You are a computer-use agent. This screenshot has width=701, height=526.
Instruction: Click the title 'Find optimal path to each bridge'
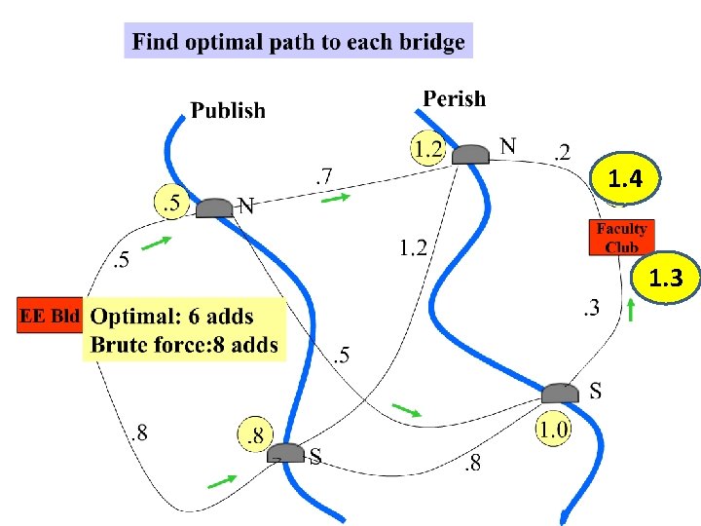click(298, 42)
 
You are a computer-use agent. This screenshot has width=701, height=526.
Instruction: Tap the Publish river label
click(228, 110)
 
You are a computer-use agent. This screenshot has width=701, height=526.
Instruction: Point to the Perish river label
click(454, 98)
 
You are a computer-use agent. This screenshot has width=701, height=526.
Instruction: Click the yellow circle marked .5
click(172, 204)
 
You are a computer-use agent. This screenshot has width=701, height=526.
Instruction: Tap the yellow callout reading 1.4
click(624, 179)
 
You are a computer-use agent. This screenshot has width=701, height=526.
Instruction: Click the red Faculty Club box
click(621, 238)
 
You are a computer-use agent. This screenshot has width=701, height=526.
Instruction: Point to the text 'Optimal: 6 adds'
click(172, 317)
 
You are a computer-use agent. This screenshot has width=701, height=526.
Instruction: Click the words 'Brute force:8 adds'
click(184, 344)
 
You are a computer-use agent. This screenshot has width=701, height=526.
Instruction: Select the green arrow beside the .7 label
click(336, 199)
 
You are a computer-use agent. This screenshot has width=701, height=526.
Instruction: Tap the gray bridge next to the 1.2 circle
click(472, 154)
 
